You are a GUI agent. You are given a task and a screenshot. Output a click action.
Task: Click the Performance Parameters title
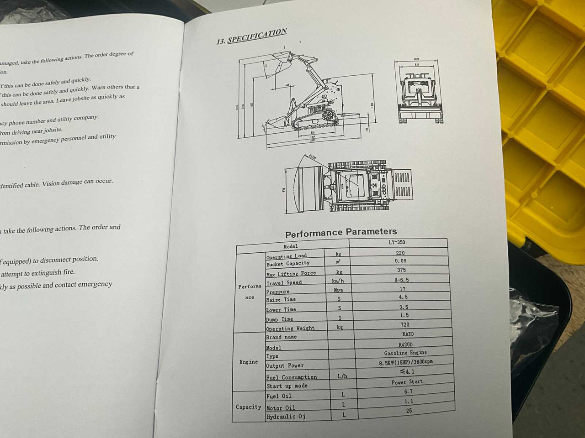coord(341,233)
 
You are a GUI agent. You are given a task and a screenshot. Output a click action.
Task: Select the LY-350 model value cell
coord(397,243)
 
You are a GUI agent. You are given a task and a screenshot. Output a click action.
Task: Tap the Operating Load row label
coord(287,256)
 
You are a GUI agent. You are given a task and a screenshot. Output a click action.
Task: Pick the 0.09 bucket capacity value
coord(400,261)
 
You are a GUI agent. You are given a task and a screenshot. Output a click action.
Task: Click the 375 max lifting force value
coord(401,270)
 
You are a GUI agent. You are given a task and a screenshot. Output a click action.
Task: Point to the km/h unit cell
coord(338,281)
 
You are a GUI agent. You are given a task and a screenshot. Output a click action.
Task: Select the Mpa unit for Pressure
coord(338,290)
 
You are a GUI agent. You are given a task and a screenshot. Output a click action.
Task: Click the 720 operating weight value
coord(404,324)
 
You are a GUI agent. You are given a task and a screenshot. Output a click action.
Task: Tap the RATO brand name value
coord(408,334)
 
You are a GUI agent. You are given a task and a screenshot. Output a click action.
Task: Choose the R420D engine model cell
coord(405,344)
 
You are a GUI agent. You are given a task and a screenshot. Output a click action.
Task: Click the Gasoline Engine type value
coord(405,353)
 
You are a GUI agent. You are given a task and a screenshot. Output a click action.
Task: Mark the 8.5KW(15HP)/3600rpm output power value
coord(405,362)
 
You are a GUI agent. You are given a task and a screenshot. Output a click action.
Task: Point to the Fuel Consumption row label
coord(292,377)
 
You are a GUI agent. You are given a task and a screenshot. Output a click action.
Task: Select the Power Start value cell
coord(407,382)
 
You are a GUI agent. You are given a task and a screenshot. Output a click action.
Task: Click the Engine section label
coord(249,362)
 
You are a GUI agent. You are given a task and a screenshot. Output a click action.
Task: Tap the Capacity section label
coord(249,407)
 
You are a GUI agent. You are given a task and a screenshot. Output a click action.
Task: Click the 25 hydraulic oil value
coord(409,411)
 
